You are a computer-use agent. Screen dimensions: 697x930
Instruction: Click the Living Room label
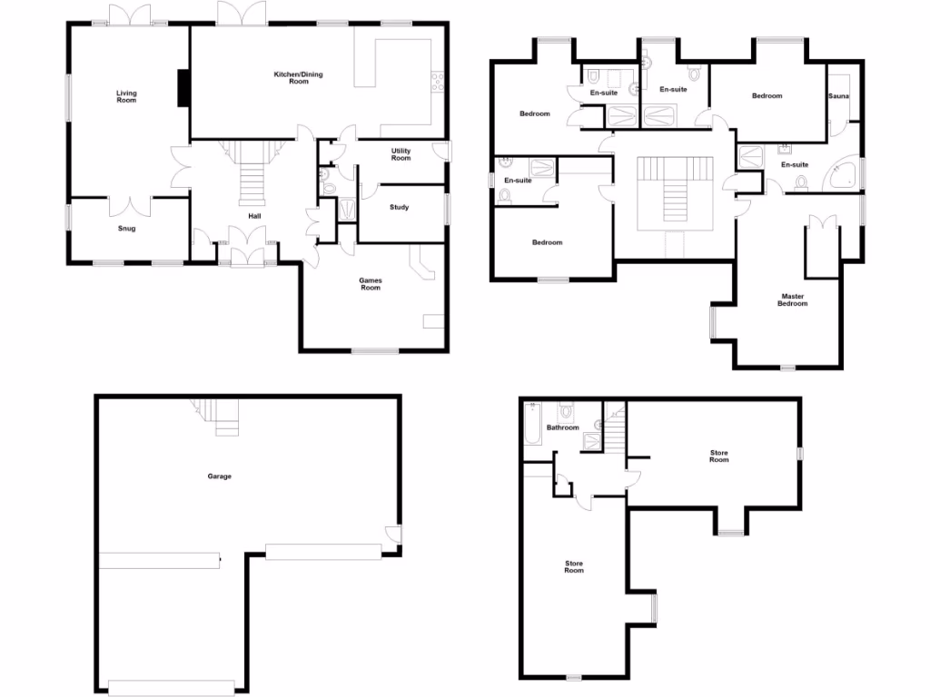[126, 95]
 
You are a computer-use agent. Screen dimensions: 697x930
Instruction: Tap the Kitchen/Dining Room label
[298, 77]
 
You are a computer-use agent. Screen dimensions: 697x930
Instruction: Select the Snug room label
[126, 229]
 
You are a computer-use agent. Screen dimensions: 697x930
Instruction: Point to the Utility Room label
[401, 154]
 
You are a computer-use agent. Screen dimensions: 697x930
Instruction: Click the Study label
[400, 208]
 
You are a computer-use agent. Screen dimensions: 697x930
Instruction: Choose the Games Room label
[371, 284]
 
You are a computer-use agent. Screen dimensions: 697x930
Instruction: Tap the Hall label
[255, 216]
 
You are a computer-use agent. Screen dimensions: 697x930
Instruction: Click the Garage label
[220, 476]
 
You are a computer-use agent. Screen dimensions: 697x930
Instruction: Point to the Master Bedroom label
[792, 299]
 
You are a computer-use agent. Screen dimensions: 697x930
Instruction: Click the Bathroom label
[563, 427]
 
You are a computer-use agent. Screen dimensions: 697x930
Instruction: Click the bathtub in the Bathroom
[532, 424]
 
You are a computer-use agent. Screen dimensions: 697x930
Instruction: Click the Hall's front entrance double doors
[245, 250]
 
